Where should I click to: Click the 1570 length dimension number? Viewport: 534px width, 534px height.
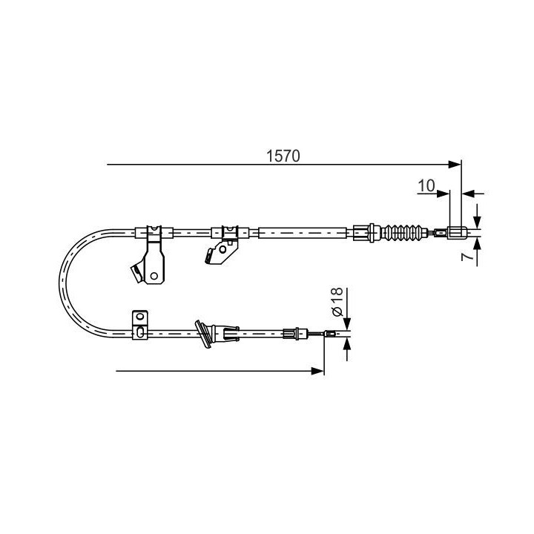(x=283, y=156)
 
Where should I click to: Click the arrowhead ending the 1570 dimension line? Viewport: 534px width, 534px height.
(x=455, y=164)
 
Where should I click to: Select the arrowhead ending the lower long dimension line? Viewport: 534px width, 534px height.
(x=319, y=370)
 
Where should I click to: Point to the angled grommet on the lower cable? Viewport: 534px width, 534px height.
(x=203, y=333)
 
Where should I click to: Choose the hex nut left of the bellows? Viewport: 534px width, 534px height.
(x=361, y=232)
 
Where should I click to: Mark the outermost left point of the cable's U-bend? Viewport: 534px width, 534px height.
(x=60, y=282)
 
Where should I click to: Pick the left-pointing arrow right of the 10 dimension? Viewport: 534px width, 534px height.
(x=467, y=193)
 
